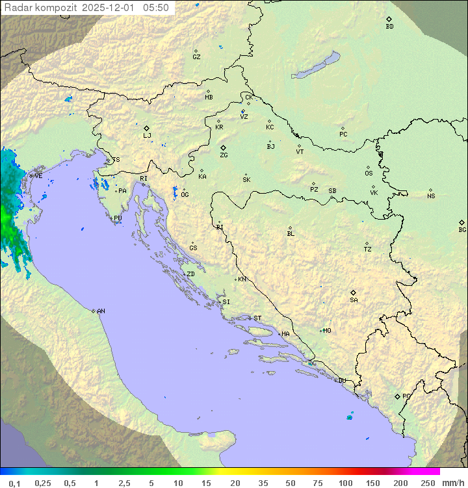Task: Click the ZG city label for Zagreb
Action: tap(224, 155)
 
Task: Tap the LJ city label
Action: tap(147, 136)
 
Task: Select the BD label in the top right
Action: tap(389, 27)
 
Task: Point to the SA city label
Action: tap(354, 300)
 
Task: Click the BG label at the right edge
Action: tap(462, 229)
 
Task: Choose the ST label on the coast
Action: tap(257, 318)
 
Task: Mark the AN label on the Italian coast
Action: tap(101, 311)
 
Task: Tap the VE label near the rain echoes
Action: tap(38, 176)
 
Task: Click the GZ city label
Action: tap(196, 57)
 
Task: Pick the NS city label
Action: tap(431, 196)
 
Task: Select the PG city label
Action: tap(406, 396)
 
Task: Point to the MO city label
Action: tap(327, 331)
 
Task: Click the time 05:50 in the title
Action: tap(157, 8)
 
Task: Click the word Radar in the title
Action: tap(17, 8)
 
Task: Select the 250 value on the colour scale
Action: tap(427, 483)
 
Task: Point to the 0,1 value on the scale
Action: tap(14, 483)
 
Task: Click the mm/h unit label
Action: tap(453, 483)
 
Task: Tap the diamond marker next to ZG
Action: tap(223, 148)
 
